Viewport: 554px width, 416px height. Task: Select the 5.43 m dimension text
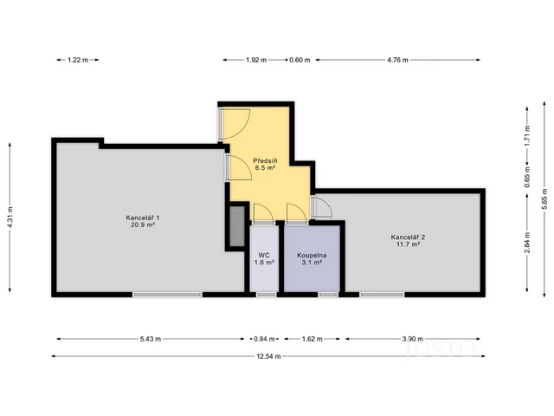coord(148,340)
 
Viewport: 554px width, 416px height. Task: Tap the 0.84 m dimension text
coord(264,340)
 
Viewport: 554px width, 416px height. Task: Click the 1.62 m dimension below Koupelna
coord(312,340)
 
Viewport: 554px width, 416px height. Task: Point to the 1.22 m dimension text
coord(78,60)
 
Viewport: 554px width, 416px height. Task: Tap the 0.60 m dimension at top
coord(300,60)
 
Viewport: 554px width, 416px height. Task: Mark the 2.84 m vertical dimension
coord(526,244)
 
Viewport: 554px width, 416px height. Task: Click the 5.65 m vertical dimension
coord(543,200)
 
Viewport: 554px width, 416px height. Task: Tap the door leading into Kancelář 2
coord(321,207)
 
